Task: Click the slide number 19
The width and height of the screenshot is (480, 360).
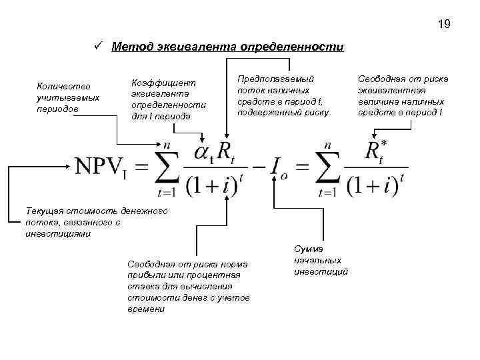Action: [x=444, y=25]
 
